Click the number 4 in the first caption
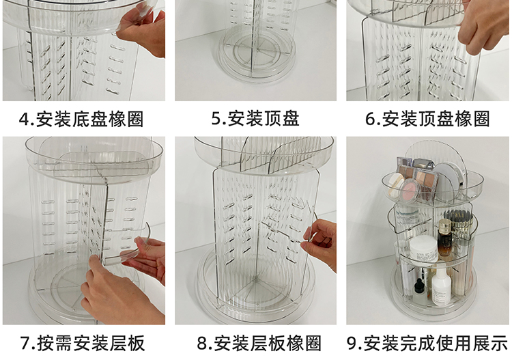[x=25, y=119]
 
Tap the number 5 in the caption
[x=216, y=119]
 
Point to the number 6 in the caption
[x=371, y=119]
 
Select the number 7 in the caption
[x=25, y=344]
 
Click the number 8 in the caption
[x=203, y=344]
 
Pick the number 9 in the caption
[x=352, y=344]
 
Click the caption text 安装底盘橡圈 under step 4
[x=90, y=119]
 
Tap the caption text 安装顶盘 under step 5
[x=264, y=119]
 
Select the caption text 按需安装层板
[x=91, y=344]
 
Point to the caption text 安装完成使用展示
[x=436, y=344]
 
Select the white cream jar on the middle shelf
[x=423, y=249]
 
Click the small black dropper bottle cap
[x=419, y=284]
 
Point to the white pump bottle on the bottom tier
[x=441, y=287]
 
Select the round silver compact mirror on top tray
[x=449, y=180]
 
